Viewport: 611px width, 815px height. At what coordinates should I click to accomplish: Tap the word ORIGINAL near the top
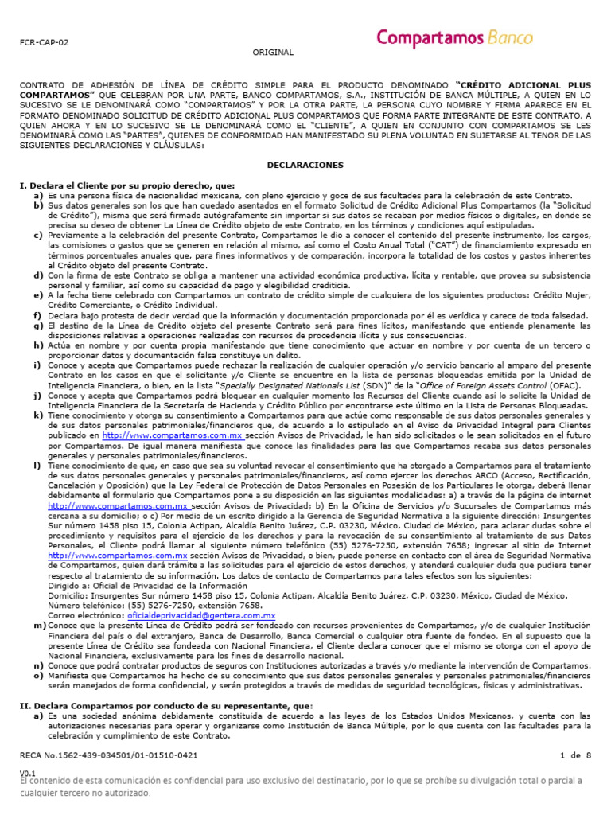pyautogui.click(x=273, y=53)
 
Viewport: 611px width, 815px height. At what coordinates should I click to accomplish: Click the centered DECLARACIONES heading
pyautogui.click(x=305, y=165)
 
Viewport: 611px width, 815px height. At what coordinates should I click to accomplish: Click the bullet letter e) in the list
pyautogui.click(x=38, y=295)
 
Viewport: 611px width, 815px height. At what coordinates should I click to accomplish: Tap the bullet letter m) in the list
pyautogui.click(x=38, y=626)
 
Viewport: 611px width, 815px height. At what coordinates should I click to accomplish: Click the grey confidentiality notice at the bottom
pyautogui.click(x=302, y=787)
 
